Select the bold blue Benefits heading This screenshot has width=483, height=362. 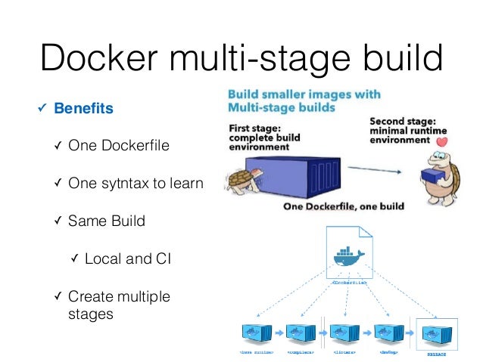(83, 109)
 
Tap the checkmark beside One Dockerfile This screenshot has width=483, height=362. (58, 146)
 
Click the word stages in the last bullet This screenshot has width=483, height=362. (90, 313)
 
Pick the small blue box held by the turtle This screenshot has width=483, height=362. (428, 176)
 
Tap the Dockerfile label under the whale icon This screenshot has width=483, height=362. (349, 281)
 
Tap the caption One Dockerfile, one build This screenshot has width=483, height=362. (344, 206)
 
